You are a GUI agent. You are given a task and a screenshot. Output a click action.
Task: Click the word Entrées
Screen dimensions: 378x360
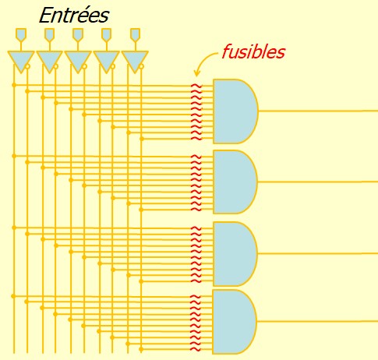(x=74, y=16)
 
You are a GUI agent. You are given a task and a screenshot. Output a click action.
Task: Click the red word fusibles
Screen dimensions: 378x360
(x=253, y=51)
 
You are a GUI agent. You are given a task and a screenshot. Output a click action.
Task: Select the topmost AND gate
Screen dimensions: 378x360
(x=235, y=111)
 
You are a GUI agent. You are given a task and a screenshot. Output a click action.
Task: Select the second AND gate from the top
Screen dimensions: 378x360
(x=235, y=182)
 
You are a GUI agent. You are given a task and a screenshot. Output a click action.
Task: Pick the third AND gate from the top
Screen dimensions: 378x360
(x=235, y=254)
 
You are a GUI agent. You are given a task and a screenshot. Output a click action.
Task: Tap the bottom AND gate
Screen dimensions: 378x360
(x=235, y=322)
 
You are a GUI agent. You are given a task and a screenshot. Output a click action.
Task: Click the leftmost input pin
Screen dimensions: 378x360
(x=21, y=34)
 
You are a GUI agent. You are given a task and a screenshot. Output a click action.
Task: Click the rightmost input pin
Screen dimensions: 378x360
(x=135, y=34)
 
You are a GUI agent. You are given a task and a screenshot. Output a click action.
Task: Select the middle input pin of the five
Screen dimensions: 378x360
(x=78, y=34)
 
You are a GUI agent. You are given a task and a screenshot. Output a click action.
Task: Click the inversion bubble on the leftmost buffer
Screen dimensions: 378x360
(x=27, y=66)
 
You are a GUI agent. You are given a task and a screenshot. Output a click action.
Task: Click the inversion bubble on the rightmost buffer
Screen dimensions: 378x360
(x=141, y=66)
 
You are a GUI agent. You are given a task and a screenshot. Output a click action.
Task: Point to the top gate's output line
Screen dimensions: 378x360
(x=318, y=111)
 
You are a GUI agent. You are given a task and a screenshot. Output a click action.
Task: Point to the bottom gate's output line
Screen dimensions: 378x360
(x=317, y=322)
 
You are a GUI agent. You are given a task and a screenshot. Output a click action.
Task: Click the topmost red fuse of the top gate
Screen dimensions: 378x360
(x=196, y=86)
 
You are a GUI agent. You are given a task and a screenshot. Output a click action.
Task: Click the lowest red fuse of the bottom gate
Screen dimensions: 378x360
(x=196, y=350)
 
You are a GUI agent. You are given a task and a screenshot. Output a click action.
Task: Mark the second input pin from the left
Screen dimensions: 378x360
(x=49, y=34)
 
